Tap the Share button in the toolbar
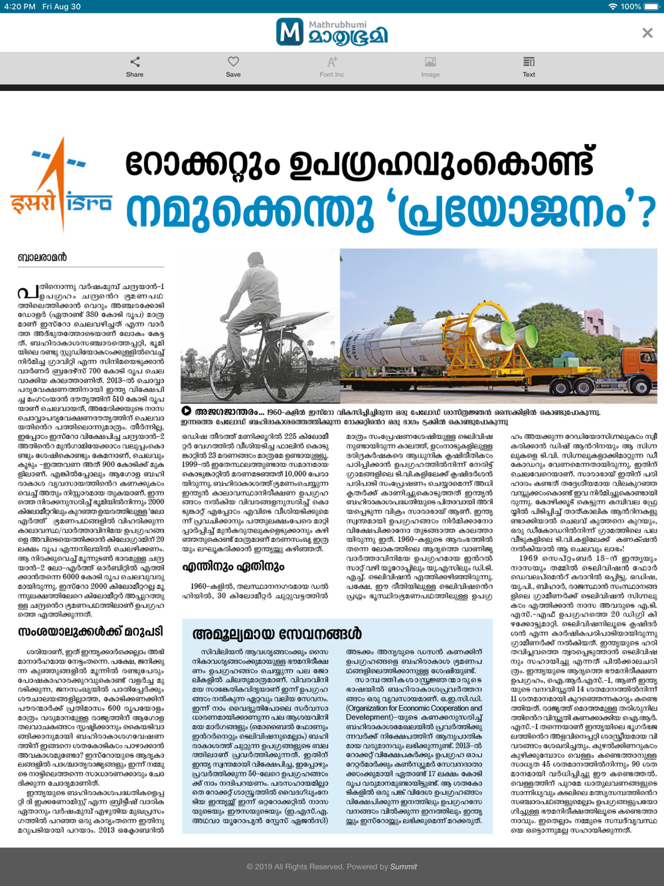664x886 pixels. coord(135,66)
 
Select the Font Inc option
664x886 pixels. coord(331,66)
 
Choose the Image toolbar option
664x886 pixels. coord(430,66)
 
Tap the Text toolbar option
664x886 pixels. coord(529,66)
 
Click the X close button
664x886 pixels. coord(647,33)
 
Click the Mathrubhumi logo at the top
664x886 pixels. coord(331,33)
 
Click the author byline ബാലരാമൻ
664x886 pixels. coord(42,258)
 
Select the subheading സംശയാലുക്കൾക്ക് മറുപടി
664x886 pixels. coord(90,632)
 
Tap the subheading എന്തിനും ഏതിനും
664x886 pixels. coord(233,567)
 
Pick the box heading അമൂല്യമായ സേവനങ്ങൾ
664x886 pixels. coord(277,634)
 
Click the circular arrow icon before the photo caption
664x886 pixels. coord(187,411)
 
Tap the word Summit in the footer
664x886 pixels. coord(404,867)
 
